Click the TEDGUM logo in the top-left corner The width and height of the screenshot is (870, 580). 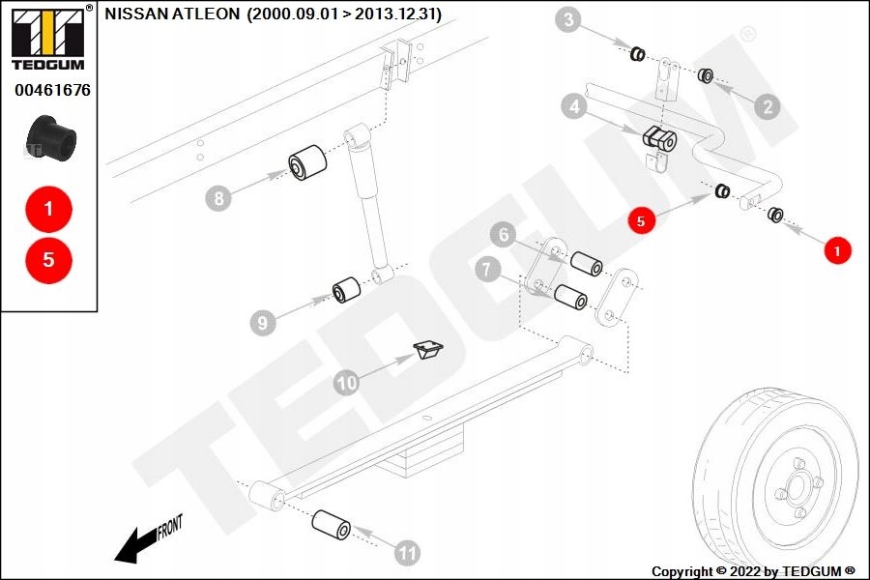coord(48,38)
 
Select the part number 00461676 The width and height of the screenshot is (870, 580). coord(52,90)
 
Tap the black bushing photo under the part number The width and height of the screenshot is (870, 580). coord(51,139)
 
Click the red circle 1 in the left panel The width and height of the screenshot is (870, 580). coord(49,209)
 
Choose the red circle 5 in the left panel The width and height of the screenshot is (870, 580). coord(49,260)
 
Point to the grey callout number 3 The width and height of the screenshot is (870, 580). coord(568,20)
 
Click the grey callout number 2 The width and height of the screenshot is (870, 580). coord(768,106)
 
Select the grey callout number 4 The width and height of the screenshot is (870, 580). coord(574,105)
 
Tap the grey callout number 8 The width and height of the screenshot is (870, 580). coord(218,198)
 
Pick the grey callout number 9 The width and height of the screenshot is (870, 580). coord(263,323)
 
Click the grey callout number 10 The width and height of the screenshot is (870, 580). coord(347,383)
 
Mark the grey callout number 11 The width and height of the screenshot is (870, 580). coord(407,553)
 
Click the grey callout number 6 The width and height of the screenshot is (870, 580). coord(504,235)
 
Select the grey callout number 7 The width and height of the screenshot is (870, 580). coord(488,270)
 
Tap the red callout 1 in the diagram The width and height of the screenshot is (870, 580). coord(837,251)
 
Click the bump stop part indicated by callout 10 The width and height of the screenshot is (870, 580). coord(428,350)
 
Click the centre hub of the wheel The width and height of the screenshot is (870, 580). coord(797,488)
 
